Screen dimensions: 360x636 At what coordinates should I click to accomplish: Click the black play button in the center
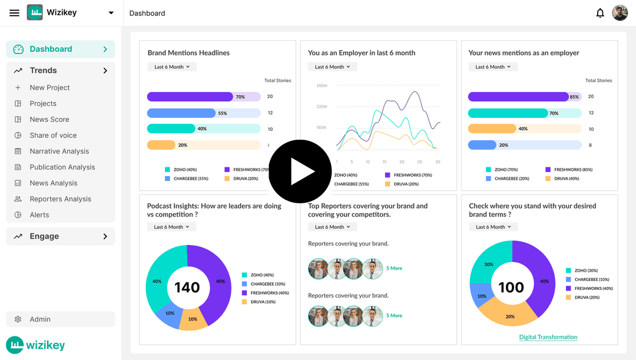(300, 171)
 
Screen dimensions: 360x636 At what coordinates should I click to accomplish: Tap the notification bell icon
(600, 13)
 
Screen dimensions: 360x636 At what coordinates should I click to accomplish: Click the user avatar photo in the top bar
(620, 13)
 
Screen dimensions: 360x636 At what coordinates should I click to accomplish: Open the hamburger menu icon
(15, 13)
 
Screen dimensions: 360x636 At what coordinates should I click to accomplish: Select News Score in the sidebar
(49, 120)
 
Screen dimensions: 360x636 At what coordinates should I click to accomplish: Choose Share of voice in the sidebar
(53, 136)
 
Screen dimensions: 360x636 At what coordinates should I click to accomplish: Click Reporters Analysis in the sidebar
(60, 199)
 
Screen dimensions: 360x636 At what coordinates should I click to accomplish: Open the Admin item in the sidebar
(40, 319)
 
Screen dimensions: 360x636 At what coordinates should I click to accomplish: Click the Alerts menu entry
(39, 215)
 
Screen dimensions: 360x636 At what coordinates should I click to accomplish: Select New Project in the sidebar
(49, 88)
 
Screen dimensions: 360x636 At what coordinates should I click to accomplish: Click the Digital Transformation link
(548, 337)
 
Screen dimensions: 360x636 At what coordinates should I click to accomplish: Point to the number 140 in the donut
(187, 288)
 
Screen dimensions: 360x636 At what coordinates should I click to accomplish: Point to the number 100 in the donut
(511, 288)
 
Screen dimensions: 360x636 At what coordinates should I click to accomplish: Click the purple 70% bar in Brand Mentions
(190, 97)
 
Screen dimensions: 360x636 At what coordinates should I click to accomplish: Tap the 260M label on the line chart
(322, 86)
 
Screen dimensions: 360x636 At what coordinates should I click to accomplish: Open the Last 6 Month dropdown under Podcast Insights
(171, 227)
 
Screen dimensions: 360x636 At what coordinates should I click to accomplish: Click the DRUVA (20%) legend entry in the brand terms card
(587, 298)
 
